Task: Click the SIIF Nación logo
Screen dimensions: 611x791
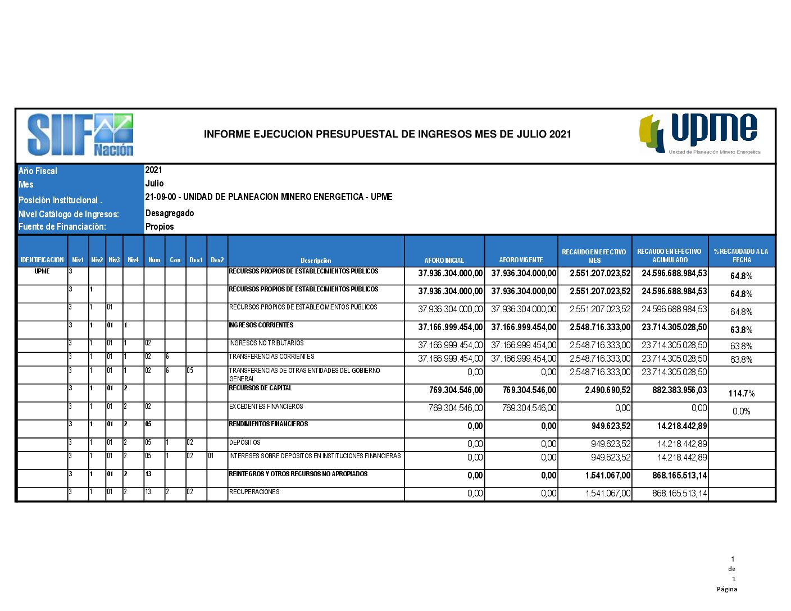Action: click(x=80, y=135)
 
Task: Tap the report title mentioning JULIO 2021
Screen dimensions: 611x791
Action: click(x=387, y=134)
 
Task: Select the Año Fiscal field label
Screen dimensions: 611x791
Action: click(x=38, y=171)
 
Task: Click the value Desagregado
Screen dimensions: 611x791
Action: click(x=170, y=213)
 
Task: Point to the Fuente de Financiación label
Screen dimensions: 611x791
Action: click(x=62, y=226)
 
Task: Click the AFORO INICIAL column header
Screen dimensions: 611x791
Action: click(x=444, y=260)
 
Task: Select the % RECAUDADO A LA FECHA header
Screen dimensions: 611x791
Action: click(x=741, y=256)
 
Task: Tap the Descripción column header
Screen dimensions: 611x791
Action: click(x=316, y=260)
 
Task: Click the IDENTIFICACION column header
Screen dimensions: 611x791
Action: click(x=42, y=259)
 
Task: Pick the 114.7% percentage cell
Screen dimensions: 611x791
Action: click(x=741, y=393)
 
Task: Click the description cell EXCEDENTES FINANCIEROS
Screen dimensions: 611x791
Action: click(x=266, y=406)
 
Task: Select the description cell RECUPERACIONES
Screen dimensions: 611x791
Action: click(x=254, y=491)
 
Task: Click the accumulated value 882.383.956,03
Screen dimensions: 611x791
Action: click(x=679, y=390)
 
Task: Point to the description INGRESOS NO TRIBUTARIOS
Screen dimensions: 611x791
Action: click(x=266, y=343)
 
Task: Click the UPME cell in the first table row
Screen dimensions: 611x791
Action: click(x=42, y=271)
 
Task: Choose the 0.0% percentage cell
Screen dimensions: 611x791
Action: click(x=741, y=411)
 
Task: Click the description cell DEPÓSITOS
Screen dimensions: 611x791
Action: click(x=244, y=442)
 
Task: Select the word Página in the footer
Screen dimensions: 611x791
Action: click(x=726, y=589)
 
